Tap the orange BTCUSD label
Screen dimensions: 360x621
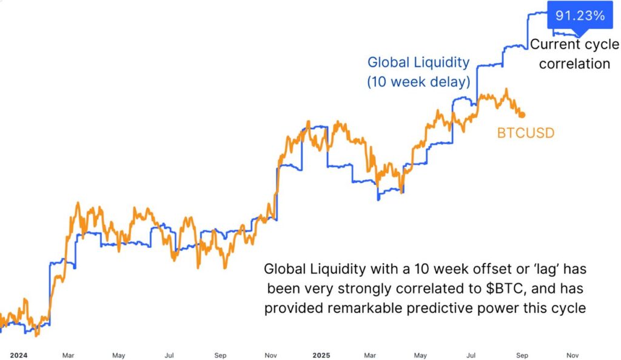coord(525,133)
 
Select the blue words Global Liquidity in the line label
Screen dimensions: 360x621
coord(418,62)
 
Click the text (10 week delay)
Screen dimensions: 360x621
coord(418,82)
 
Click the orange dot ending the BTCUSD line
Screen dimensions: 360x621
coord(522,115)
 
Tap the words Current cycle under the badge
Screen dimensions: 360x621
coord(574,44)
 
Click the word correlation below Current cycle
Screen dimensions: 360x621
coord(574,64)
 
